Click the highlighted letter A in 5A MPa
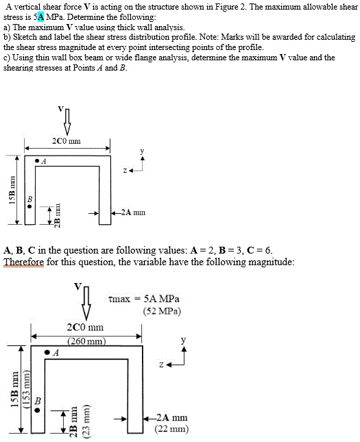click(x=40, y=16)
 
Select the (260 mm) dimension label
click(x=86, y=340)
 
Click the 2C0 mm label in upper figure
click(x=67, y=141)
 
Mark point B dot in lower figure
click(x=38, y=409)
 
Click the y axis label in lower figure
click(x=182, y=339)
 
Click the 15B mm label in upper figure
click(x=11, y=191)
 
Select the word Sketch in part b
click(x=23, y=37)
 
